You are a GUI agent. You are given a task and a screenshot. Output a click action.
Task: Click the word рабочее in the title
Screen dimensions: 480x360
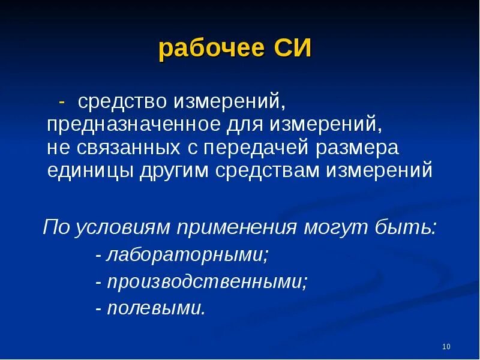click(212, 49)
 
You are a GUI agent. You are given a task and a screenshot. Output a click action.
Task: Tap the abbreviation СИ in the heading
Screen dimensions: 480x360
click(293, 48)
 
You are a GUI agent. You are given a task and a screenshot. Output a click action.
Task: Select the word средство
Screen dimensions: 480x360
click(122, 102)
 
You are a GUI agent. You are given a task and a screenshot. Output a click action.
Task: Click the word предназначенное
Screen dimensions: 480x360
click(133, 125)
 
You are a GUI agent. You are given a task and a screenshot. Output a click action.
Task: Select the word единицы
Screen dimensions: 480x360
click(90, 171)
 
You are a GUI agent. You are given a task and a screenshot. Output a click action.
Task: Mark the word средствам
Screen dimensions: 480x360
click(267, 171)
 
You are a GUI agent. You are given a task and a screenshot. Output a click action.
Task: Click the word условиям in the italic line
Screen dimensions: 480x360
click(122, 228)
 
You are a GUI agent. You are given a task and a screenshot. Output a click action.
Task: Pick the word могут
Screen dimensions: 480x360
click(336, 228)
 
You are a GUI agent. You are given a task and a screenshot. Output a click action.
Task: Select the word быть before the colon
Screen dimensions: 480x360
click(403, 227)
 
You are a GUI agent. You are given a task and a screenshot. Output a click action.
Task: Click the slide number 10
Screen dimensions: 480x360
click(446, 347)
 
